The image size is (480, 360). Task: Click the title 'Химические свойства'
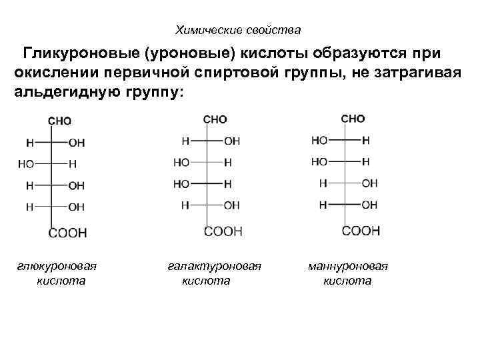click(238, 30)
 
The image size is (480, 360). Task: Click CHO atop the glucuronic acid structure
click(59, 121)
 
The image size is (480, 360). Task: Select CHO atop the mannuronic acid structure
click(353, 119)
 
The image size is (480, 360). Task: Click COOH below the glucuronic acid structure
click(67, 233)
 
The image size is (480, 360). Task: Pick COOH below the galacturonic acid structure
click(223, 231)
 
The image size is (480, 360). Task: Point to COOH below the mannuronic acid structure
click(361, 231)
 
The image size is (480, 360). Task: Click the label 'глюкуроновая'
click(57, 266)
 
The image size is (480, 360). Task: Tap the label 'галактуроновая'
click(213, 266)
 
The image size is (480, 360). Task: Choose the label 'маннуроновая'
click(348, 266)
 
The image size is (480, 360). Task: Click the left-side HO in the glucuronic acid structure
click(26, 163)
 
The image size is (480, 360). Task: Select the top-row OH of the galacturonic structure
click(231, 141)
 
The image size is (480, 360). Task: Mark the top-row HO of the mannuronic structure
click(319, 141)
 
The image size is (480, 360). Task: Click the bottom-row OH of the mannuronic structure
click(369, 205)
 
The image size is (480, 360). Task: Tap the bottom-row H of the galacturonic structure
click(185, 205)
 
